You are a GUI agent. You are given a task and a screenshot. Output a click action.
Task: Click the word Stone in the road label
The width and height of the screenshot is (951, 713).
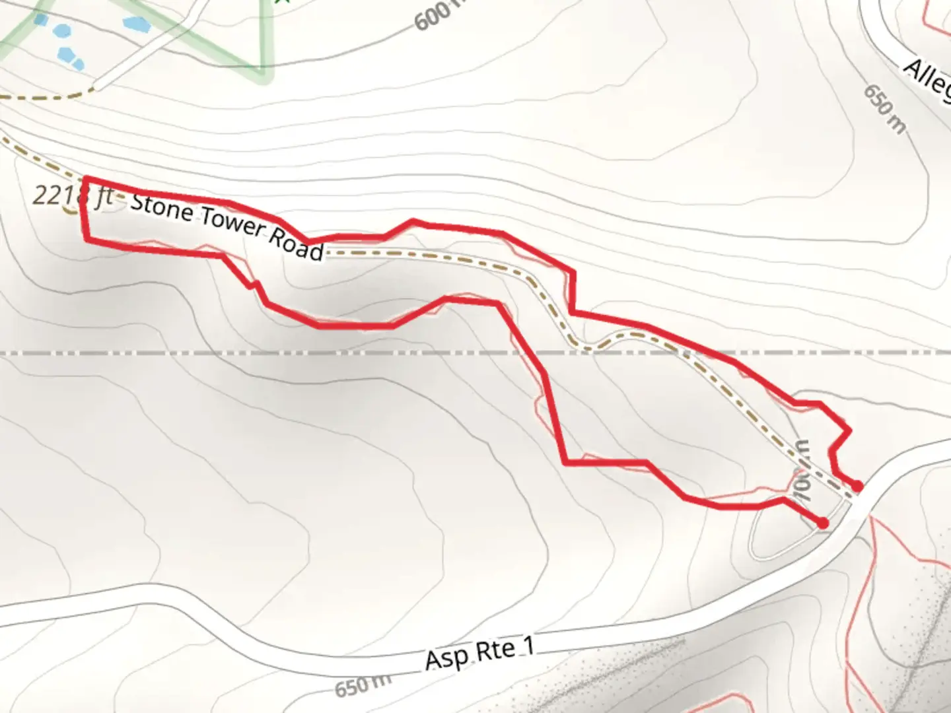point(162,206)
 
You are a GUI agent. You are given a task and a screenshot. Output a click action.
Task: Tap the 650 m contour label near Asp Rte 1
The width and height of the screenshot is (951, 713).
point(362,687)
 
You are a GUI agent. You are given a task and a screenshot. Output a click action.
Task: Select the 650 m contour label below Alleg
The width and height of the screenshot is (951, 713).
point(885,110)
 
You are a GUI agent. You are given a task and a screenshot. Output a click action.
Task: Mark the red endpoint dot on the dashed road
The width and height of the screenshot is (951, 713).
point(857,486)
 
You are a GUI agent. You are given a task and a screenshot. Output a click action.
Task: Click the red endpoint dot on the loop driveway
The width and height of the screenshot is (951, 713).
point(822,523)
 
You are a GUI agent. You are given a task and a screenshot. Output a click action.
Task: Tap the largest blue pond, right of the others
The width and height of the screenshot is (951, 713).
point(136,24)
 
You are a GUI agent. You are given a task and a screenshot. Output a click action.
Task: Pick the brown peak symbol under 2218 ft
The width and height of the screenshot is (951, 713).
point(69,212)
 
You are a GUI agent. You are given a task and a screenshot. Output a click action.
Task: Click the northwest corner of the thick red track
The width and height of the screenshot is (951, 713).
point(84,179)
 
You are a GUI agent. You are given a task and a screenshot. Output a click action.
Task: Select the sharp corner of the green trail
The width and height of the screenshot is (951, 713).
point(263,77)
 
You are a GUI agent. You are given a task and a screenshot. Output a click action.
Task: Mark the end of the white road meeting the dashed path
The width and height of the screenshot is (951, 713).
point(93,86)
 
